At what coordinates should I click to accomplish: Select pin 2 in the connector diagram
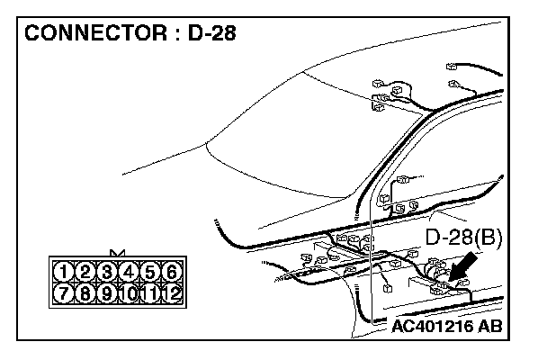click(85, 271)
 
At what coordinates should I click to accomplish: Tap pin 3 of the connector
click(107, 271)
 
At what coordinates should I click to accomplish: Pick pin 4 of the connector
click(129, 271)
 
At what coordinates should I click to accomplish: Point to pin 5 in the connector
click(150, 271)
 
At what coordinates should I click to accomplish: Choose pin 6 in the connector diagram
click(172, 271)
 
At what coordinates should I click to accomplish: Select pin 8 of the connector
click(85, 292)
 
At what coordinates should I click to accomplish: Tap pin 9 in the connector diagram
click(107, 292)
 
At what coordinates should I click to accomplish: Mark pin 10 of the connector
click(129, 292)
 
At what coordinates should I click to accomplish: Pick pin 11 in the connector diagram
click(150, 292)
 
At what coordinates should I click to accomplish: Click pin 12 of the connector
click(172, 292)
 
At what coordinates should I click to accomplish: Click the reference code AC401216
click(434, 326)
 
